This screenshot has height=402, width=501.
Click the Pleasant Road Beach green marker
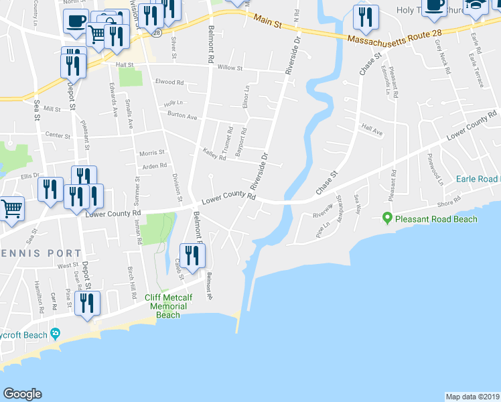coord(386,218)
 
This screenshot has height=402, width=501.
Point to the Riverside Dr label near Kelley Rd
coord(259,169)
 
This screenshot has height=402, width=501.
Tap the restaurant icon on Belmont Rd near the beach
coord(192,255)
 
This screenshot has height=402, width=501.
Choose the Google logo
coord(22,394)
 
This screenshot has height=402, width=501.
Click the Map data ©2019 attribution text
coord(472,396)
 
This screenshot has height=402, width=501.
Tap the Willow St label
coord(229,68)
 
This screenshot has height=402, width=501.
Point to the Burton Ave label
coord(182,116)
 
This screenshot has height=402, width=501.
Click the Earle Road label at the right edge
coord(478,179)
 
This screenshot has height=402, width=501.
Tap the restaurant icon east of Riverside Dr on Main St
coord(366,18)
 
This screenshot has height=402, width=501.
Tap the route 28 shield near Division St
coord(155,31)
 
